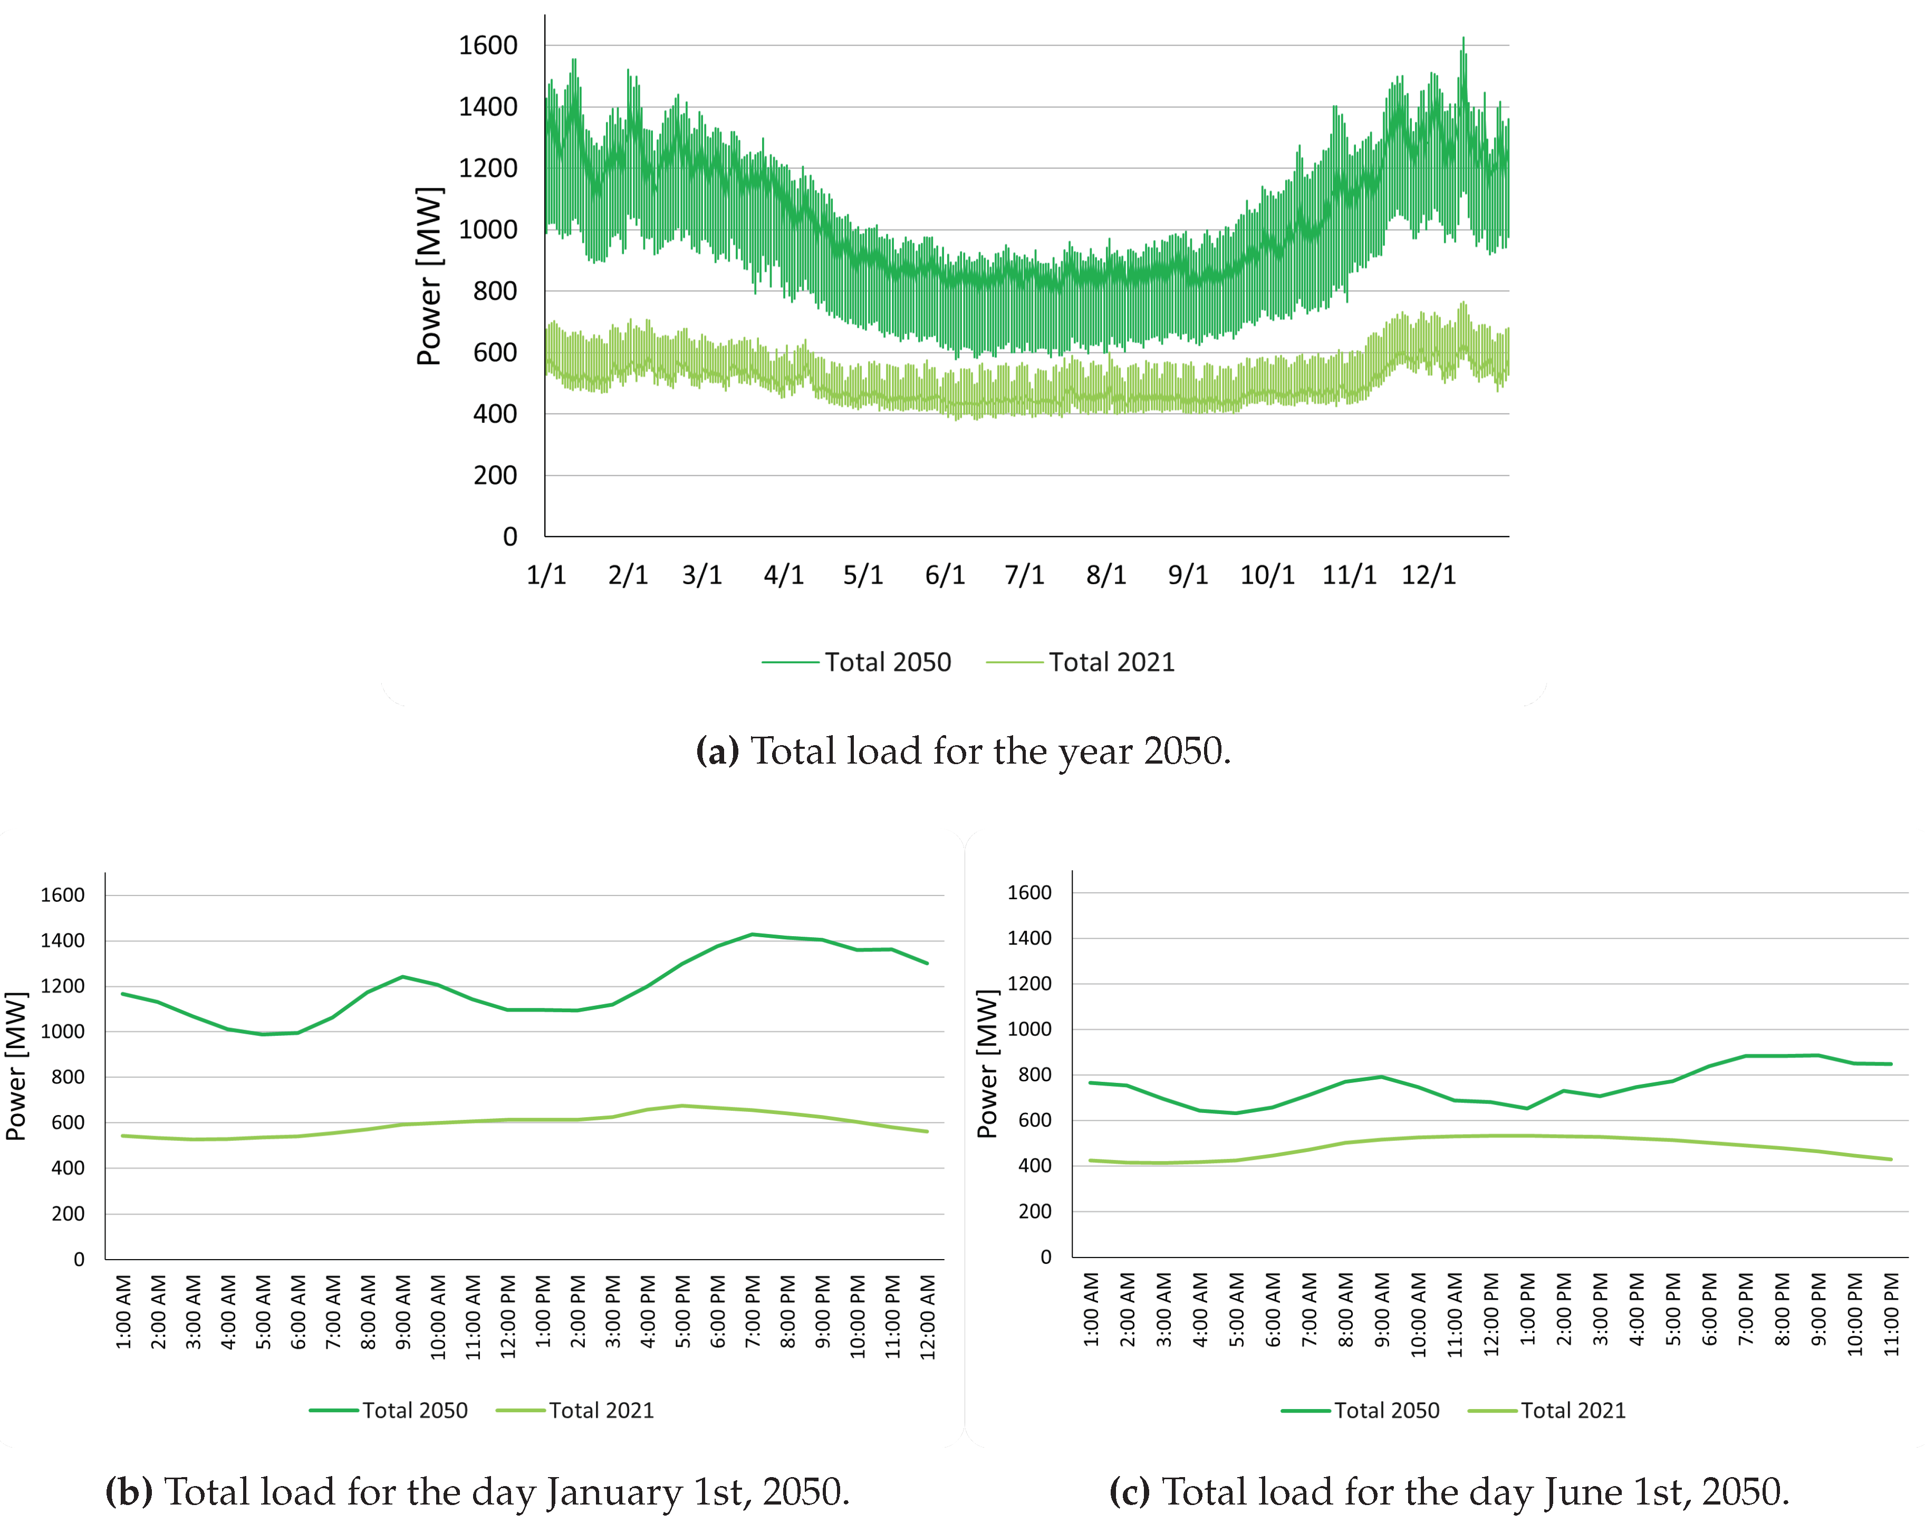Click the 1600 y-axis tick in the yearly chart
tap(487, 45)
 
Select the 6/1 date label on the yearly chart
tap(945, 575)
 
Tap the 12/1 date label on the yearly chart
tap(1429, 575)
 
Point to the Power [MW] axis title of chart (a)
tap(429, 277)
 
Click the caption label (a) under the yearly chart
tap(717, 751)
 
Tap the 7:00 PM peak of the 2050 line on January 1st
tap(752, 935)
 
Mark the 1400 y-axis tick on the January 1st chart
tap(62, 941)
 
